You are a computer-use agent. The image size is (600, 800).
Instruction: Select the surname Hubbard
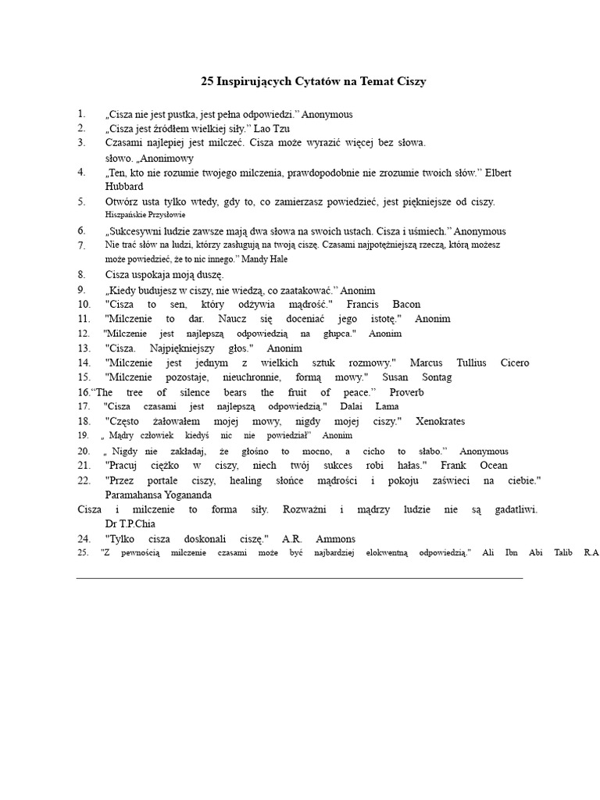(124, 187)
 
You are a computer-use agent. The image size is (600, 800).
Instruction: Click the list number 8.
(81, 274)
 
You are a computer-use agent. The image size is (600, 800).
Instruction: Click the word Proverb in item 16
(407, 392)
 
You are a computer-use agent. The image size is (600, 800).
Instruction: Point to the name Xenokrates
(440, 421)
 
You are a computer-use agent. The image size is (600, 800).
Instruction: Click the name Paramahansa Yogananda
(159, 495)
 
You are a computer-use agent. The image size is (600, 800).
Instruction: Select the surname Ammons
(336, 539)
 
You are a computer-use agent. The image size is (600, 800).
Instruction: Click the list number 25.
(84, 553)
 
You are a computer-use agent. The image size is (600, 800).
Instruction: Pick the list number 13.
(84, 348)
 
